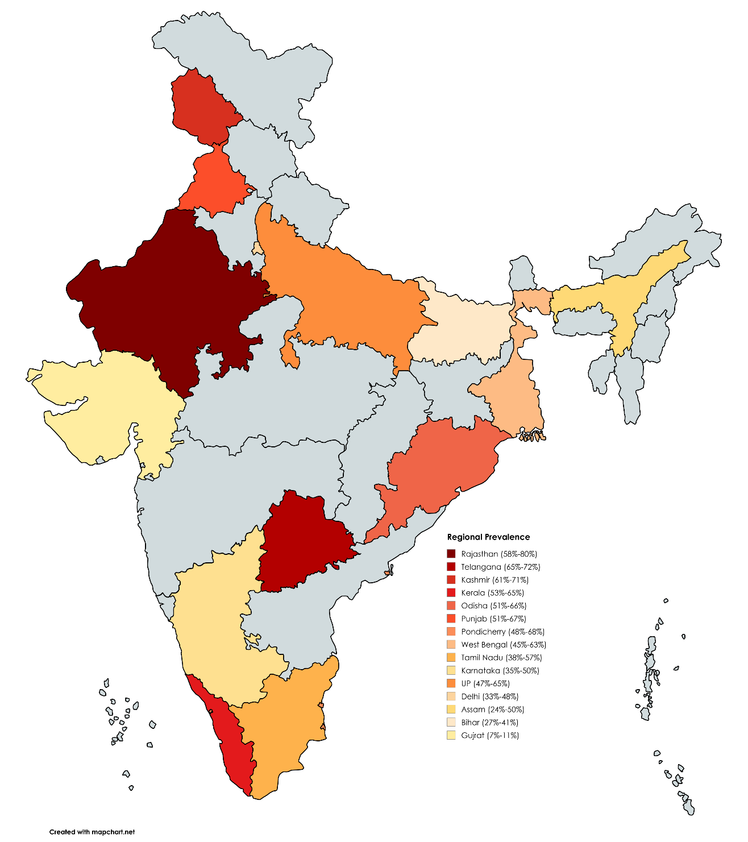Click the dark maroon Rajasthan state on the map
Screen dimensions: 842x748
pyautogui.click(x=165, y=296)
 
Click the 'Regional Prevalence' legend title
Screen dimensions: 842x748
pyautogui.click(x=488, y=537)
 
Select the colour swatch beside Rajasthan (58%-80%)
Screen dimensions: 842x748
pyautogui.click(x=451, y=554)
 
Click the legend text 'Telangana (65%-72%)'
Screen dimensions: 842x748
pyautogui.click(x=500, y=567)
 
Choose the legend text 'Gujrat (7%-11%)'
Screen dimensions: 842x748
pyautogui.click(x=489, y=735)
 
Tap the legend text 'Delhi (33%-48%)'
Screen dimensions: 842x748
pyautogui.click(x=489, y=696)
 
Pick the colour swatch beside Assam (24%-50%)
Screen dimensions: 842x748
pyautogui.click(x=451, y=710)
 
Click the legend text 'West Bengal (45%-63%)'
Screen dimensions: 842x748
pyautogui.click(x=504, y=645)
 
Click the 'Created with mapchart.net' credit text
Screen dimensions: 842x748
pyautogui.click(x=92, y=832)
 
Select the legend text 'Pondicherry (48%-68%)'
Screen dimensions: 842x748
pyautogui.click(x=503, y=632)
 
